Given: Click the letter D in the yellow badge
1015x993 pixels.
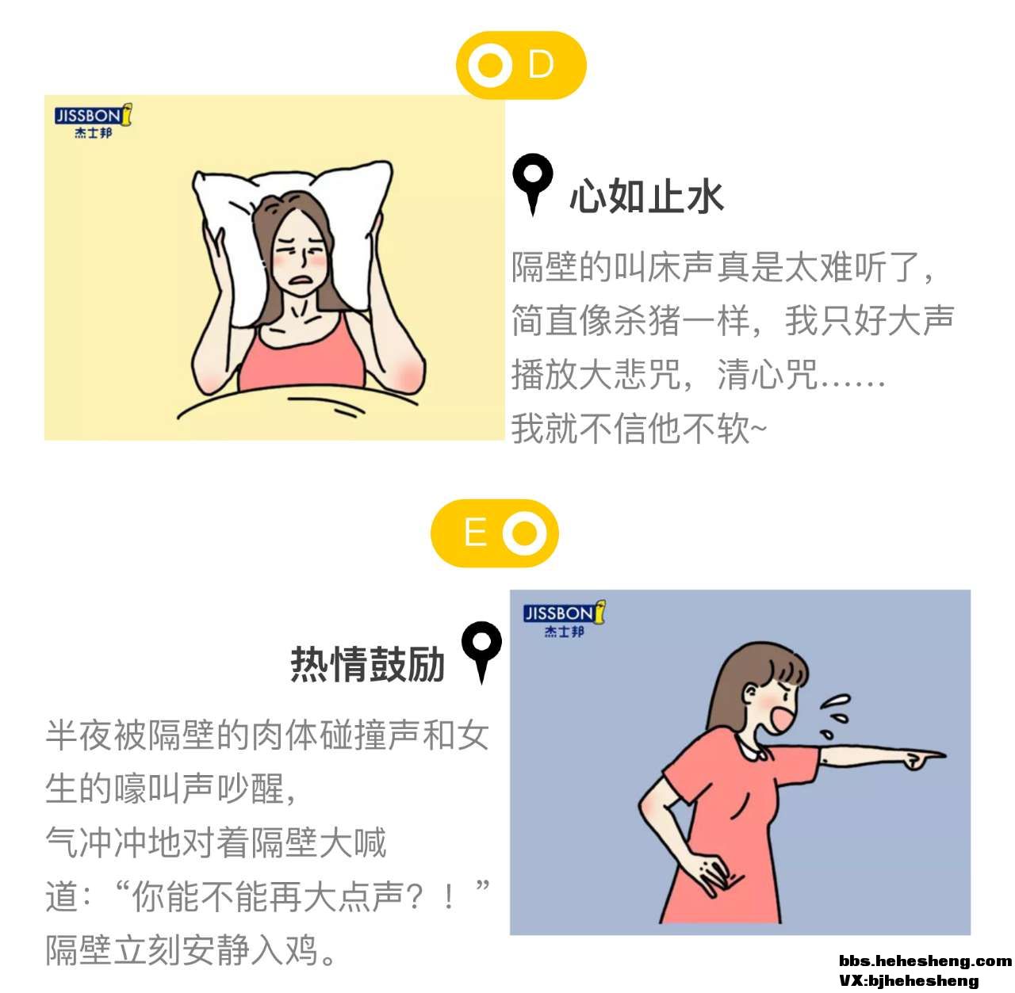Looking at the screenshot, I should coord(541,65).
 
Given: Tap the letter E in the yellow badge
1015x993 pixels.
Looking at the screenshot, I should coord(475,533).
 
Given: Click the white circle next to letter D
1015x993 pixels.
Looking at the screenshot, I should coord(490,65).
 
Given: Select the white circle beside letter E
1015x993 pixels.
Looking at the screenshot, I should coord(524,533).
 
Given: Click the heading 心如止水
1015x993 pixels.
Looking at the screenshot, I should coord(646,196).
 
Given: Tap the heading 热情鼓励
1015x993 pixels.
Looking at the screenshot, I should coord(367,664).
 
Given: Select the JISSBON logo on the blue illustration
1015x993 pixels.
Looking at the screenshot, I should coord(564,619).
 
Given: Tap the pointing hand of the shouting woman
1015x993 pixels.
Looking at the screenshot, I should coord(920,759).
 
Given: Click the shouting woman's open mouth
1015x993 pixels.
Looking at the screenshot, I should coord(781,720).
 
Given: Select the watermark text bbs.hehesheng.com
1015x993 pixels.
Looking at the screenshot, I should coord(925,961).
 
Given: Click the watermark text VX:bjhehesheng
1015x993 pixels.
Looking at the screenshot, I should coord(909,981).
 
